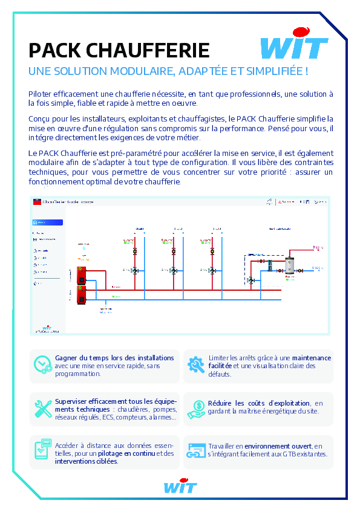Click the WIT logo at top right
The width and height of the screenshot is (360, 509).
[294, 44]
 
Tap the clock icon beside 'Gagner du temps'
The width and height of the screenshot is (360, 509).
[42, 365]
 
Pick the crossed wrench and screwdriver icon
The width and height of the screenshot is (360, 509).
[42, 409]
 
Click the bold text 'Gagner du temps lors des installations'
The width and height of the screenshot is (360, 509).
[114, 358]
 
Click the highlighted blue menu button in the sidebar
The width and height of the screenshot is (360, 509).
[47, 222]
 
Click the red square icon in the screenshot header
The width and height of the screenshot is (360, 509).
[37, 203]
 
